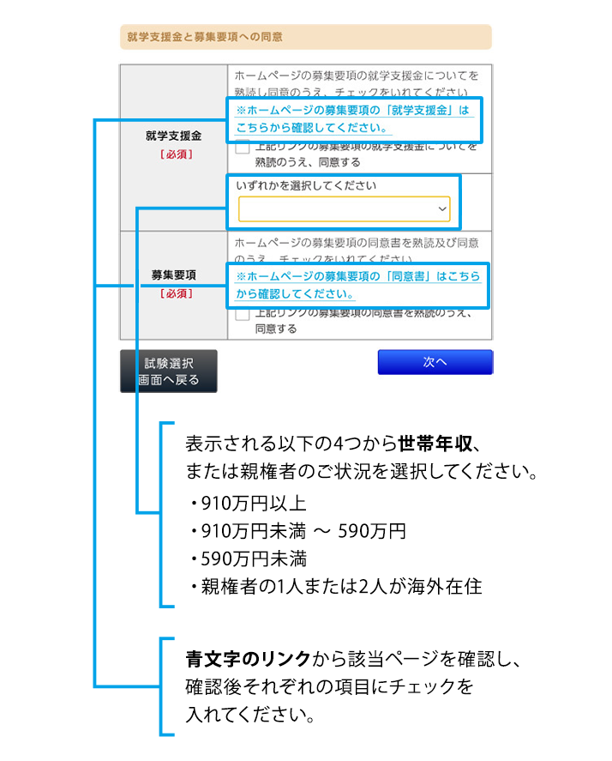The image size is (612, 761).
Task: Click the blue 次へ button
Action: (x=435, y=362)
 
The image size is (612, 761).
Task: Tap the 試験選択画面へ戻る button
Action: (x=169, y=371)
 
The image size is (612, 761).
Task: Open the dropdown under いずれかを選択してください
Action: (x=343, y=209)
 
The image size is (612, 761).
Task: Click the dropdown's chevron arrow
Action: (x=442, y=209)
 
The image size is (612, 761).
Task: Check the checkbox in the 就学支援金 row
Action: (x=243, y=148)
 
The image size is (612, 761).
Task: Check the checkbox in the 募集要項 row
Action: (x=243, y=314)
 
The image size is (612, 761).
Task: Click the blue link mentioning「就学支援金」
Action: (x=353, y=118)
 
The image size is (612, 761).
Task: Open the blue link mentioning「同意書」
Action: (x=357, y=285)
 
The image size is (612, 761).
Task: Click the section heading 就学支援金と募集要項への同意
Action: (x=205, y=37)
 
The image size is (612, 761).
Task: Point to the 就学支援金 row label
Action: (x=174, y=136)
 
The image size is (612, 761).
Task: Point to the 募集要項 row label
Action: (x=174, y=275)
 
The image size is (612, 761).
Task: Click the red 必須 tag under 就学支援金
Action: (x=174, y=154)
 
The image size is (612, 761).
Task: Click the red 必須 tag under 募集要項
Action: (x=174, y=293)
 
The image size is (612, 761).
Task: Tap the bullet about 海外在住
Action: (x=339, y=587)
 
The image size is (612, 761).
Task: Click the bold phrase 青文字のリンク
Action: (x=249, y=660)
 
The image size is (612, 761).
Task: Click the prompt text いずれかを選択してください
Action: (x=306, y=185)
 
